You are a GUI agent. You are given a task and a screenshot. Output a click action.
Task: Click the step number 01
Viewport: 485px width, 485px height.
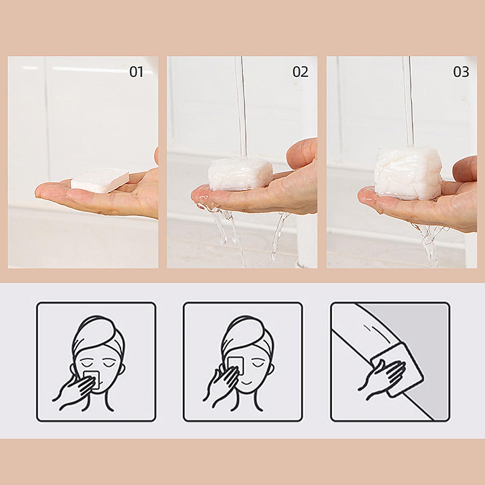[136, 72]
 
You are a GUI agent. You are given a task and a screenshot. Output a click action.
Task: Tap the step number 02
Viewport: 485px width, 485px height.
[300, 72]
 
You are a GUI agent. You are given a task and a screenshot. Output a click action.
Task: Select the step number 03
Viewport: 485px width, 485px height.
[461, 72]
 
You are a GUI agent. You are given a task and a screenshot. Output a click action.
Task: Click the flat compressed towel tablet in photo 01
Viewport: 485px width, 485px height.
[100, 182]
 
